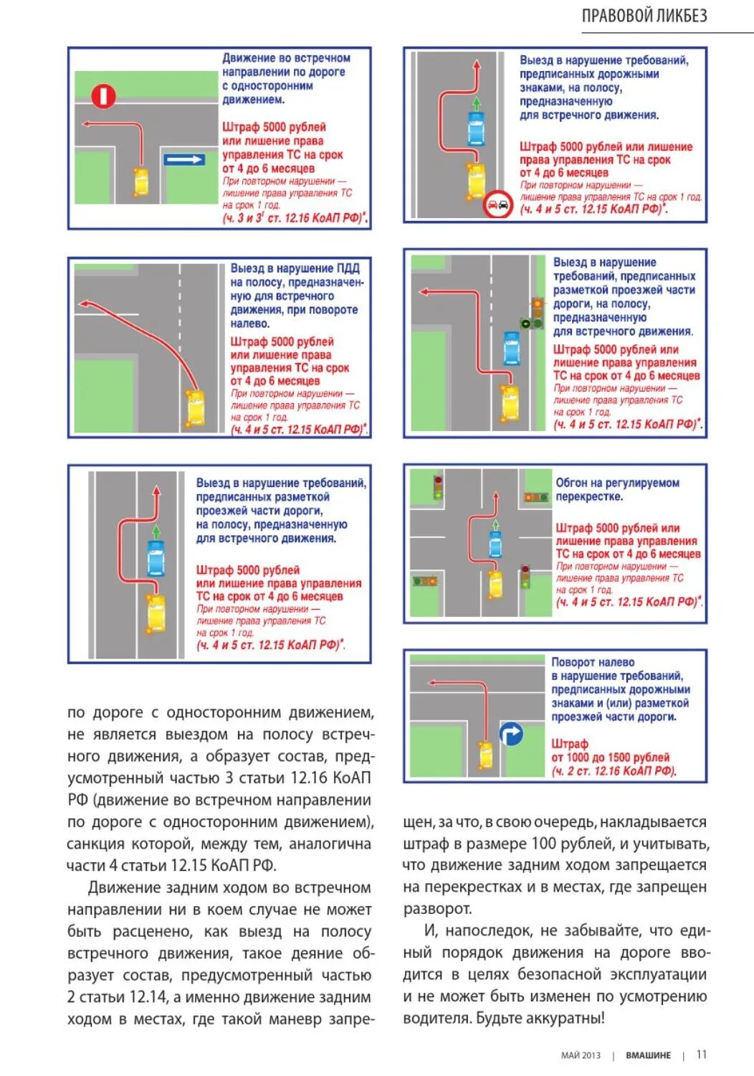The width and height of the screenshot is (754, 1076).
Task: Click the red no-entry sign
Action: click(x=103, y=95)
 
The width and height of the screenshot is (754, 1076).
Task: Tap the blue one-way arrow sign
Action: click(x=184, y=159)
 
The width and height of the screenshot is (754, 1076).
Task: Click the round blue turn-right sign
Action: click(x=511, y=734)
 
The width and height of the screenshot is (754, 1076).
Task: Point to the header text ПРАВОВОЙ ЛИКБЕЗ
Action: click(x=644, y=16)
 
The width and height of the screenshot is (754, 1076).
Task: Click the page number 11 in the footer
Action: click(x=702, y=1054)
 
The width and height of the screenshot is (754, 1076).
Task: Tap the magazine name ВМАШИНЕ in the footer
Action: click(x=648, y=1055)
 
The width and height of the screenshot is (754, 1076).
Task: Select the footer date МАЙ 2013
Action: click(x=581, y=1055)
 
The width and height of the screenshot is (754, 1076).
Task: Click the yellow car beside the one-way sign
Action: click(x=141, y=181)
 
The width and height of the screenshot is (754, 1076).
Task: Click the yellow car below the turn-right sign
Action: click(x=486, y=755)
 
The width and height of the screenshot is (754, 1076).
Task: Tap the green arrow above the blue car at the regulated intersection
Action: click(x=495, y=526)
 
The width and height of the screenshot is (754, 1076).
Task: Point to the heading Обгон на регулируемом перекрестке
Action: click(x=617, y=489)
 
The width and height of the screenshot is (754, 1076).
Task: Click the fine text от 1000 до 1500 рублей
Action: click(x=610, y=758)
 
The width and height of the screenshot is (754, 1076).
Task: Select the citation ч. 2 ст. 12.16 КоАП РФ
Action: click(x=614, y=771)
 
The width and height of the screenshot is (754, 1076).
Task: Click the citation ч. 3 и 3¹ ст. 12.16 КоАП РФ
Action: click(x=294, y=217)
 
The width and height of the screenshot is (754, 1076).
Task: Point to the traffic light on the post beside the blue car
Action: click(x=536, y=313)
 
